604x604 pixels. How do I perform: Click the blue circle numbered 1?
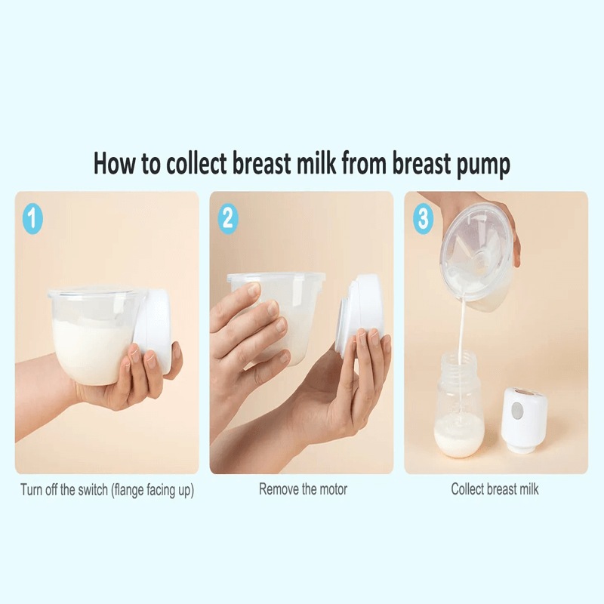click(x=32, y=218)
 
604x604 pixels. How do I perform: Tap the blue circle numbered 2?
click(x=228, y=218)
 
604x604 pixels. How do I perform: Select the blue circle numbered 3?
click(x=423, y=218)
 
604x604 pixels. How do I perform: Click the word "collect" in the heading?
click(x=196, y=163)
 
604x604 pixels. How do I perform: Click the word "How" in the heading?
click(x=115, y=163)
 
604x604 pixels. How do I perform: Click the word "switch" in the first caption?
click(x=93, y=490)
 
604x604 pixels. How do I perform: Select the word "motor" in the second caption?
click(x=334, y=489)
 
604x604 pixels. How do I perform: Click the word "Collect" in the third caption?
click(x=467, y=489)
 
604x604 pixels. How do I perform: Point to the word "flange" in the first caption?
click(x=127, y=491)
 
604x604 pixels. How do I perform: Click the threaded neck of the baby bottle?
click(x=459, y=365)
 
